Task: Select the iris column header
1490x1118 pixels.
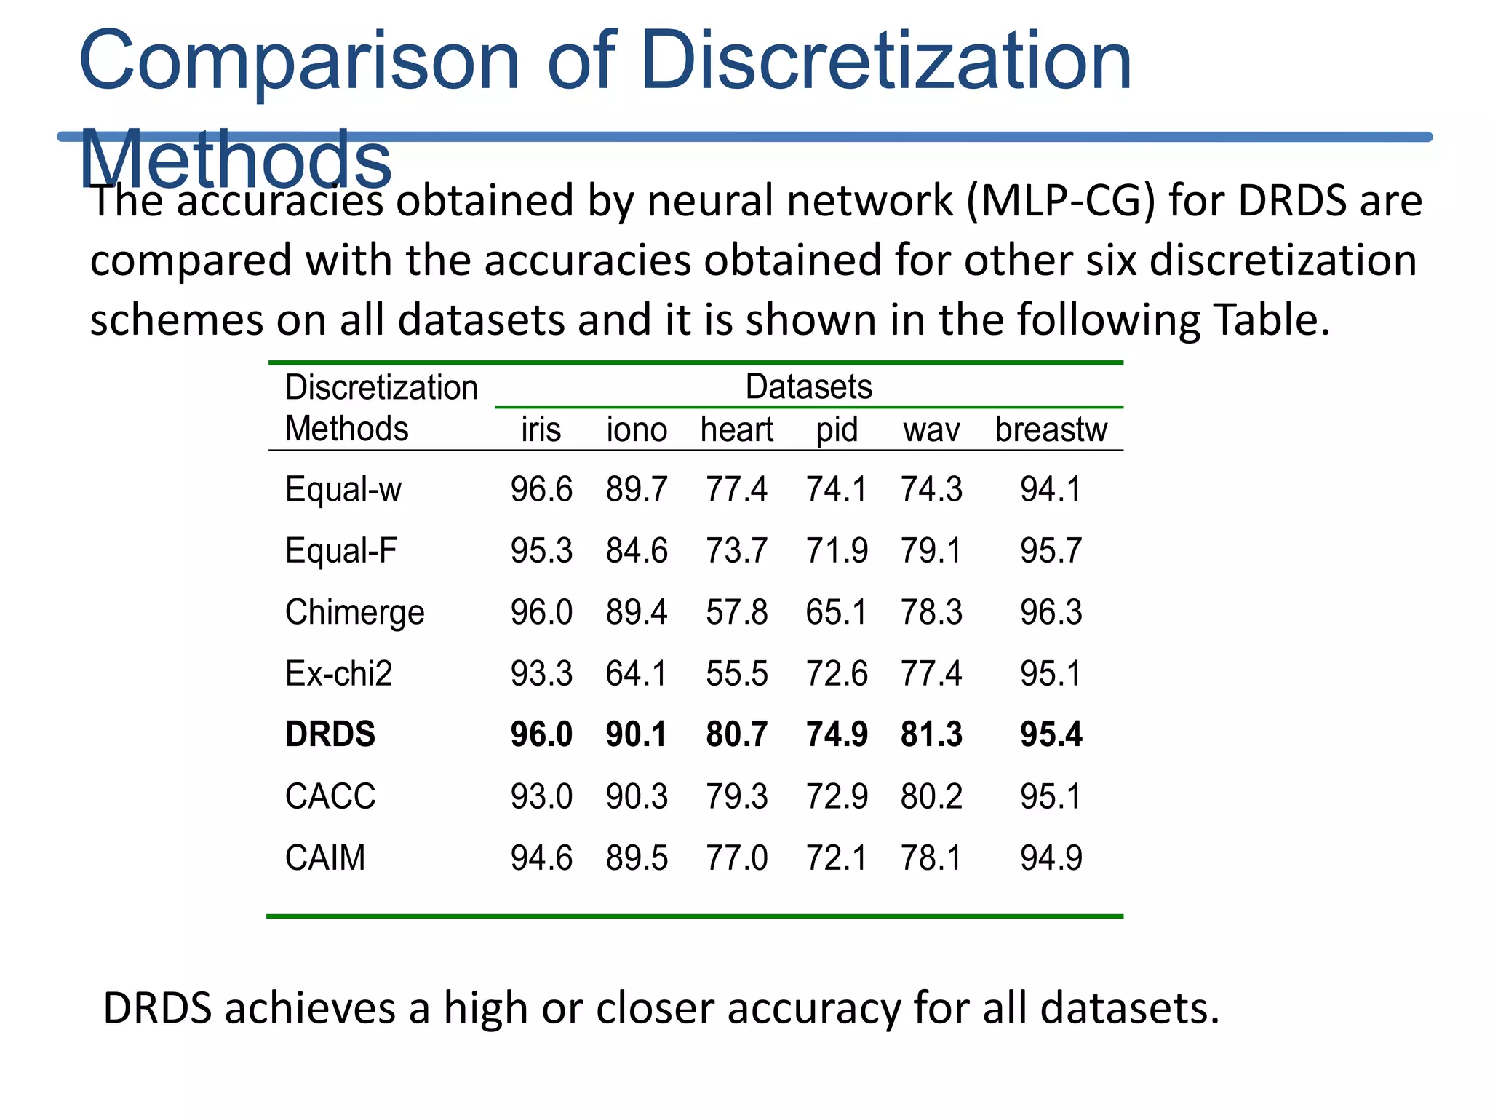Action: pos(541,429)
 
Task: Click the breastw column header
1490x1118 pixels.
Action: pos(1051,429)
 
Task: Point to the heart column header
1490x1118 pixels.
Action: pos(736,429)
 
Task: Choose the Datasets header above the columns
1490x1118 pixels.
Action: pos(808,386)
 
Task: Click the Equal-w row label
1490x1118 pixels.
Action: pos(343,489)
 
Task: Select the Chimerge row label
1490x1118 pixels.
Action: pos(354,612)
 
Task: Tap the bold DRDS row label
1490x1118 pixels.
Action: pos(330,734)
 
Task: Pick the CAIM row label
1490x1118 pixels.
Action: pos(325,857)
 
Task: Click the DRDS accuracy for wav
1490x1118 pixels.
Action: pos(931,734)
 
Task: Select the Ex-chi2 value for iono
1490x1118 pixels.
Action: pos(636,673)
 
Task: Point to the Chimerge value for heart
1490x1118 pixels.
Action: pos(736,612)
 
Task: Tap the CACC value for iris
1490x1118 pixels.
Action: pos(541,796)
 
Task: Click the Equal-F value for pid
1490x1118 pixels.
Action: pos(837,550)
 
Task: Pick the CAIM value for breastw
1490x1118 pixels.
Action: pos(1051,857)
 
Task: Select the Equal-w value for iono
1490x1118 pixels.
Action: pos(636,489)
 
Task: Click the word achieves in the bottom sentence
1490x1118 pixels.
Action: pos(310,1009)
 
